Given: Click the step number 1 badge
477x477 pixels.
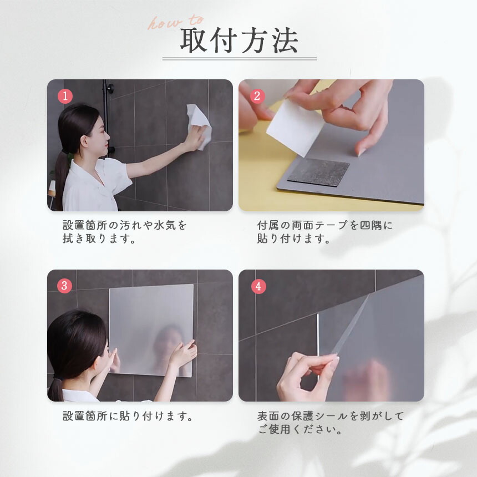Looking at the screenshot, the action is pyautogui.click(x=65, y=96).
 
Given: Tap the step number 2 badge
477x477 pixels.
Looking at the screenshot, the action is pyautogui.click(x=257, y=96).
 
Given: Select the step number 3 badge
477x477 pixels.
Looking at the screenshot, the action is pyautogui.click(x=64, y=286).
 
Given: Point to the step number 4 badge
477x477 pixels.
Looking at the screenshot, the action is pyautogui.click(x=258, y=286).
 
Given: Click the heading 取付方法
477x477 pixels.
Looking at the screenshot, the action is pyautogui.click(x=239, y=40).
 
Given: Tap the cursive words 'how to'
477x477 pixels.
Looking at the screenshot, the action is pyautogui.click(x=175, y=22).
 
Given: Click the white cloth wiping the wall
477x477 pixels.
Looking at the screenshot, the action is pyautogui.click(x=199, y=126).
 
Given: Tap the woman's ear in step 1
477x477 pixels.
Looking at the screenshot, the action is pyautogui.click(x=84, y=141).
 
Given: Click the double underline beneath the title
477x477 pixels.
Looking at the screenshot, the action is pyautogui.click(x=240, y=59).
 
